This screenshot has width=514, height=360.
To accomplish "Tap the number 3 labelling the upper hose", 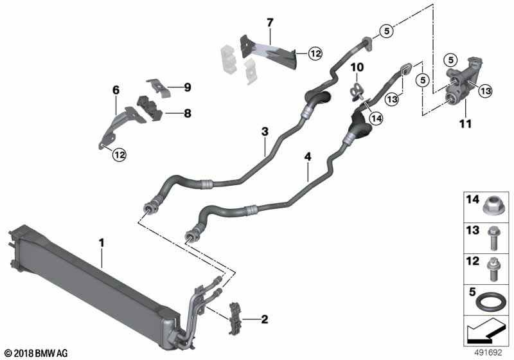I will (x=264, y=132).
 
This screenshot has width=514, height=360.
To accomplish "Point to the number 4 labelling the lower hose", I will (x=308, y=156).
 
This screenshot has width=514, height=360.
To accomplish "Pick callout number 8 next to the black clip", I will (x=187, y=113).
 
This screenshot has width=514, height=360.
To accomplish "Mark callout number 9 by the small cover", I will (x=187, y=87).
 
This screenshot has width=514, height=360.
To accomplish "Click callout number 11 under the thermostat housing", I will (x=466, y=122).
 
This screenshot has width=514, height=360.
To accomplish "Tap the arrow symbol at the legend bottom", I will (x=486, y=334).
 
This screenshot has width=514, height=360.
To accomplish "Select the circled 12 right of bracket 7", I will (x=314, y=55).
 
